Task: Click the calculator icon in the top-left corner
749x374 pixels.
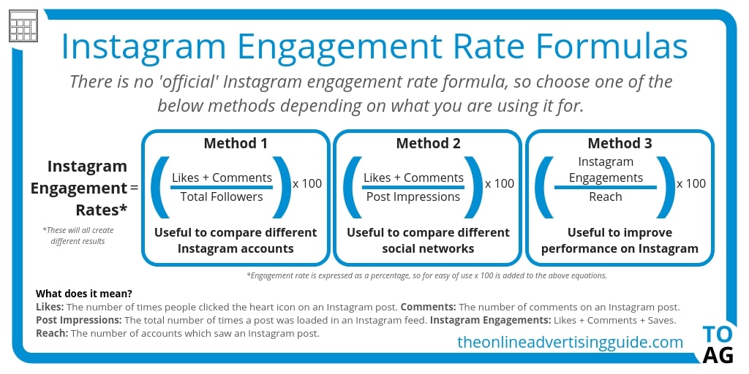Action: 23,26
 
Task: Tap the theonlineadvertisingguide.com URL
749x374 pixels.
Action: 570,342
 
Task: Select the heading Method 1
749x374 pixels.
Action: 236,143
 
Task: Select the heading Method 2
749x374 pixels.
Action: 428,143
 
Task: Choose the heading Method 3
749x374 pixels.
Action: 620,143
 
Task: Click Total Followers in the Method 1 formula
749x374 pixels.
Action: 222,196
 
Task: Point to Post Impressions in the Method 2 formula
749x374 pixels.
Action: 413,196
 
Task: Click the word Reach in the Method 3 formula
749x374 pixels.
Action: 605,196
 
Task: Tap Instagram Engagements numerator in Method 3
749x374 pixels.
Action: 606,169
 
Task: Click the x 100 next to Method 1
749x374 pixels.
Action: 307,183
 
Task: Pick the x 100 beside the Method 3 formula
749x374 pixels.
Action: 691,183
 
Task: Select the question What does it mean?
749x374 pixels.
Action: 84,294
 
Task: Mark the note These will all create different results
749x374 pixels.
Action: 78,235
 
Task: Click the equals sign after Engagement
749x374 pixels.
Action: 134,188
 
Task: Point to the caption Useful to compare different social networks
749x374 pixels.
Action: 428,240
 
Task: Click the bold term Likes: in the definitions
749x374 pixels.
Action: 50,307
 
